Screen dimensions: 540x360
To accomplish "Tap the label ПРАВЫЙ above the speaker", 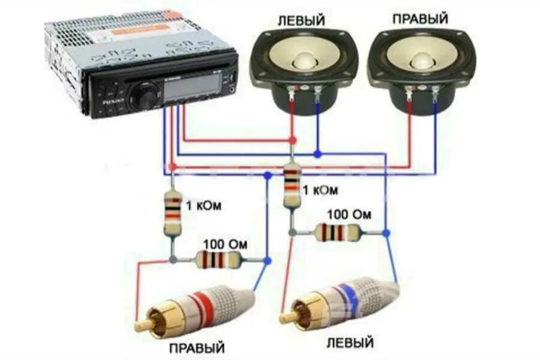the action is [419, 20].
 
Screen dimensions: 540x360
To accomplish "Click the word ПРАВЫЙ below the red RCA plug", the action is [196, 347].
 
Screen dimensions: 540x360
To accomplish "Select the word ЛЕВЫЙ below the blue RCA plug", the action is [350, 343].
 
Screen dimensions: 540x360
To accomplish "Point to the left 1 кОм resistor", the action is [173, 212].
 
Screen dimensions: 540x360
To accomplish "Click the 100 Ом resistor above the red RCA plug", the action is [218, 260].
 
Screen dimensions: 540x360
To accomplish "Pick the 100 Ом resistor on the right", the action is [337, 232].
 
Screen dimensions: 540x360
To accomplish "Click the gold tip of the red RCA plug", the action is [145, 325].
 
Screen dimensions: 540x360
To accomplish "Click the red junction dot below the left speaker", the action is [292, 140].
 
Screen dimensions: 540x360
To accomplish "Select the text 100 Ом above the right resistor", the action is [349, 214].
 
